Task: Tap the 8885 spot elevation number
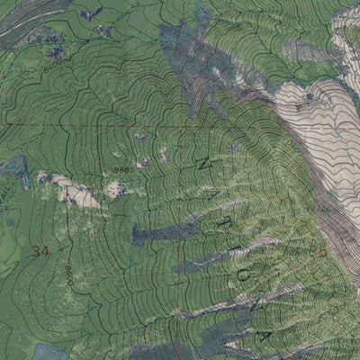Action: pos(123,169)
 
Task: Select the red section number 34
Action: pos(40,250)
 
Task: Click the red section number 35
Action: pos(318,249)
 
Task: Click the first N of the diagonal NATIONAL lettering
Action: pos(200,162)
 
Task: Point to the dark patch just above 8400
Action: pos(57,52)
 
